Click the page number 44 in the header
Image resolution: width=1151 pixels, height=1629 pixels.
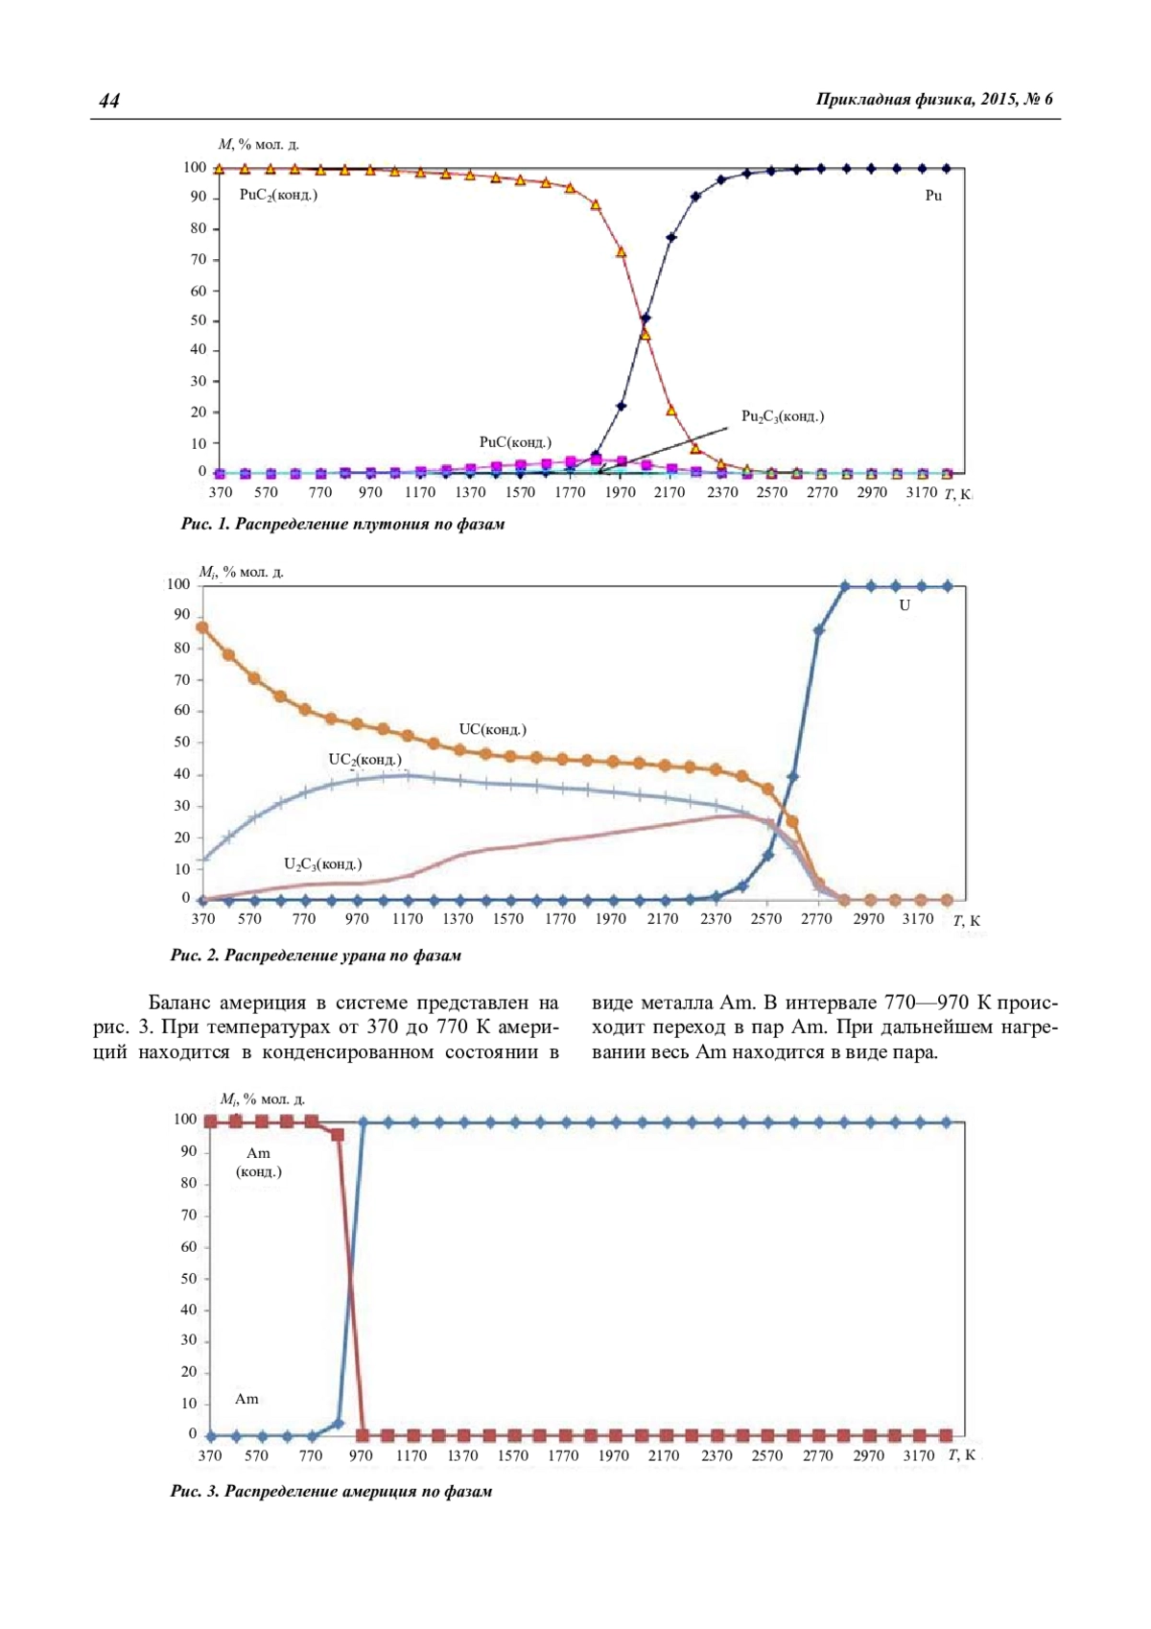pos(108,101)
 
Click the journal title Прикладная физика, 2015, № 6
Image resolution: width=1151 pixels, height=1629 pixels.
pos(933,99)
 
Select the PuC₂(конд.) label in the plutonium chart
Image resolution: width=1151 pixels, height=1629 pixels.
pos(278,195)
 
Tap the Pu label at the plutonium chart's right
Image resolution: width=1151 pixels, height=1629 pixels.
pos(933,196)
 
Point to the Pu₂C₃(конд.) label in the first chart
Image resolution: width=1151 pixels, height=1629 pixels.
pos(783,416)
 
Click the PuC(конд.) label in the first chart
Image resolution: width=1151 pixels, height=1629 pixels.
pos(515,442)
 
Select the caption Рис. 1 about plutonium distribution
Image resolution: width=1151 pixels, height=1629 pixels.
pos(342,524)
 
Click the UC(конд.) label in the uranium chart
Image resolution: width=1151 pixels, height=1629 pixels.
pos(492,729)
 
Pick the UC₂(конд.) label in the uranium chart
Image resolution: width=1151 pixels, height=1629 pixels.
pos(364,760)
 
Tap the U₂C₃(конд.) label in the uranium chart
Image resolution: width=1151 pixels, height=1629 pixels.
pos(322,864)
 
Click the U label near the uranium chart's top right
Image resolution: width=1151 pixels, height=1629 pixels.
pos(904,606)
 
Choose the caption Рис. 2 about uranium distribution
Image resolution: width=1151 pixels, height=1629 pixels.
pos(316,955)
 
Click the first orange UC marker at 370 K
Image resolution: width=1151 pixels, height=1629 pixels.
pos(202,627)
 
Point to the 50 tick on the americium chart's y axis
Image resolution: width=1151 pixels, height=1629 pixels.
pos(188,1278)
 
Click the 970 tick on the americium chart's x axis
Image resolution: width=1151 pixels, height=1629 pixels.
pos(361,1455)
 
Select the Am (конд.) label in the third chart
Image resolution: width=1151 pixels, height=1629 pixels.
pos(258,1162)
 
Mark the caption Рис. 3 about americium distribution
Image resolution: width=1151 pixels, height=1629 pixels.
pos(331,1491)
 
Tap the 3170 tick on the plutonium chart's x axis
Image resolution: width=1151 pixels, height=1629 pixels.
pos(921,492)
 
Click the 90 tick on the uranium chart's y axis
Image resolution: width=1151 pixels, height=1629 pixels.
pos(181,615)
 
